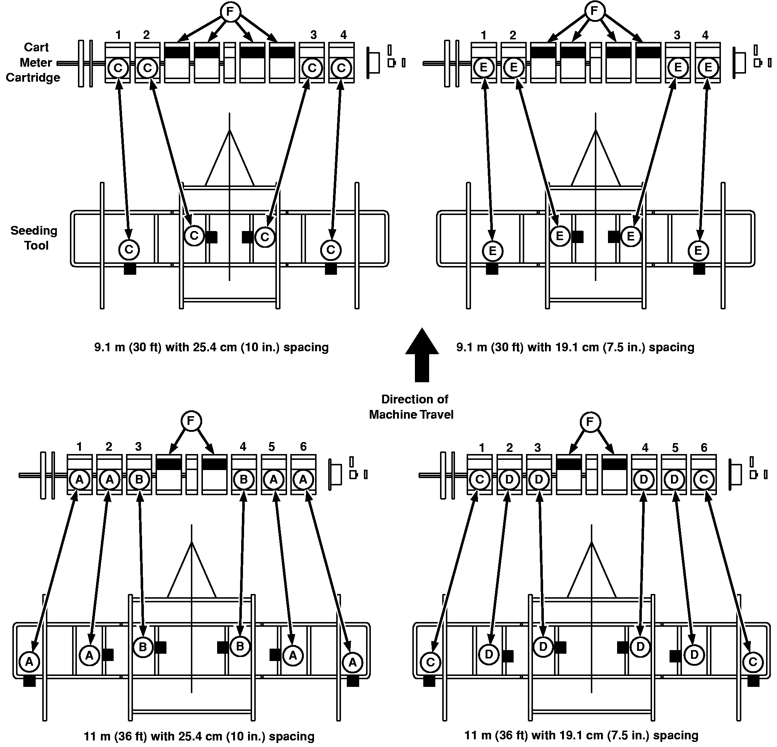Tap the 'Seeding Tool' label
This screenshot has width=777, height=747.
(x=34, y=238)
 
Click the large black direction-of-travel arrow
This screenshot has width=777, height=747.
(x=422, y=355)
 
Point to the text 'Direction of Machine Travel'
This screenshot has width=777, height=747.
(x=412, y=406)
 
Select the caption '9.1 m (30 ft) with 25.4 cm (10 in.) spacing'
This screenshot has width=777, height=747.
(x=211, y=347)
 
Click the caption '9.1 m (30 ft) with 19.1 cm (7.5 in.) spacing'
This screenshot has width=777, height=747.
(x=575, y=347)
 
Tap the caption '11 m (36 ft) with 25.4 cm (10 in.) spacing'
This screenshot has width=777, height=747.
(x=199, y=736)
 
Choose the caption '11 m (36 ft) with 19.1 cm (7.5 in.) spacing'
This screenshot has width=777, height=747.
(x=581, y=735)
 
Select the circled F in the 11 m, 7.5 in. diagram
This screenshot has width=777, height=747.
(x=590, y=422)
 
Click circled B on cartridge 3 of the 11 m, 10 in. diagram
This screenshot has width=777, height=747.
(x=139, y=480)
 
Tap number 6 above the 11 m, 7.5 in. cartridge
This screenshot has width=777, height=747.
(x=704, y=447)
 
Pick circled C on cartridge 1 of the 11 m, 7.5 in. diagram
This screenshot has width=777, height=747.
(x=479, y=480)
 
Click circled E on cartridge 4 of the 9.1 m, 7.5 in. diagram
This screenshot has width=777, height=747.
(x=708, y=67)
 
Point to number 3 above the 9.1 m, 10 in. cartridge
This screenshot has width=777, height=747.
(x=313, y=35)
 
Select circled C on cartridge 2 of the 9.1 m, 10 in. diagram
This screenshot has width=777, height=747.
(x=148, y=68)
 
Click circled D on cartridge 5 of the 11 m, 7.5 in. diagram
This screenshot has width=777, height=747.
(x=674, y=480)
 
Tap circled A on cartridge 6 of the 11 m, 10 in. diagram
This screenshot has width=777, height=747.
(x=303, y=480)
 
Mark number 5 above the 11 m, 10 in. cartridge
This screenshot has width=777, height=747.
(x=271, y=447)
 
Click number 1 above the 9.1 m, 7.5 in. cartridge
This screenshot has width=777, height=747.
(x=484, y=35)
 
